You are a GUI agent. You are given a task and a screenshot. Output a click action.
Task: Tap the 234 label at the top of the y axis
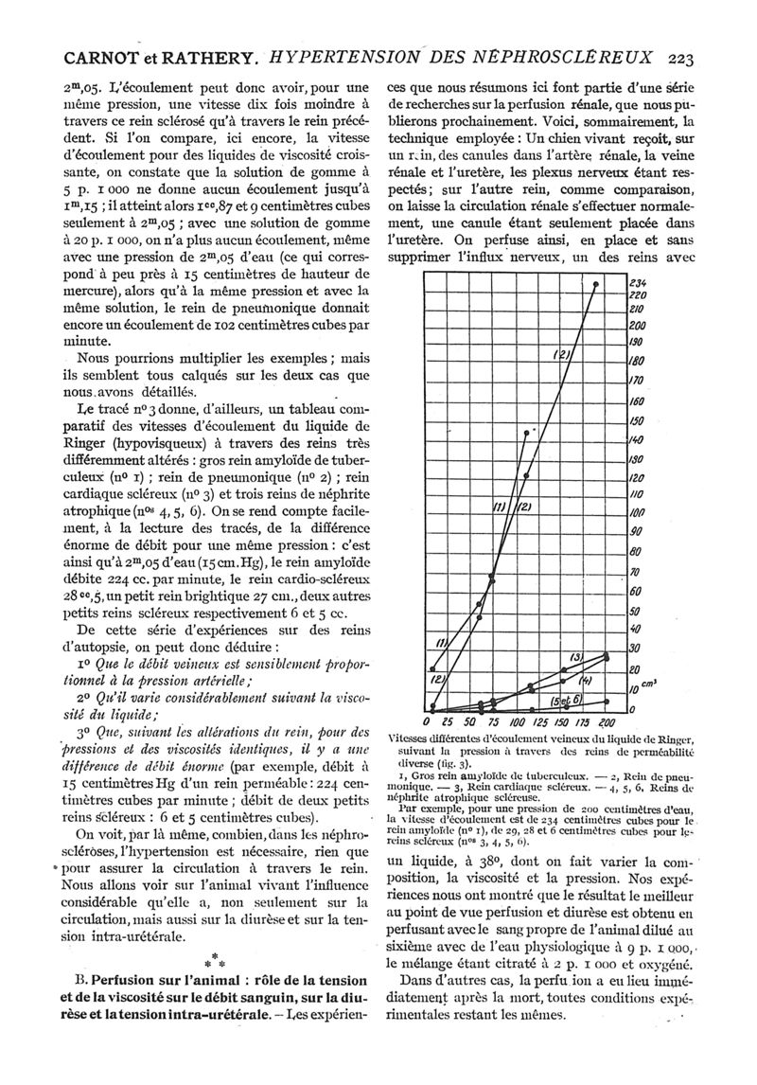click(x=638, y=281)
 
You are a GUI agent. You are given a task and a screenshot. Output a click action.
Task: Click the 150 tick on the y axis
click(x=638, y=420)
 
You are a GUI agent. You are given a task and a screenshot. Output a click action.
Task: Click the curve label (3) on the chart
click(x=574, y=657)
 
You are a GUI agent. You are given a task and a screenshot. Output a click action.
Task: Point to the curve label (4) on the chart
click(x=584, y=680)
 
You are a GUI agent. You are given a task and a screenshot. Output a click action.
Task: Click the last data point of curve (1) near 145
click(x=526, y=432)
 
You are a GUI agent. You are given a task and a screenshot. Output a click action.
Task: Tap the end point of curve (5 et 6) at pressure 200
click(x=607, y=701)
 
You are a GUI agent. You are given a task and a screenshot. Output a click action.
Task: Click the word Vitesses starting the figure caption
click(x=416, y=738)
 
